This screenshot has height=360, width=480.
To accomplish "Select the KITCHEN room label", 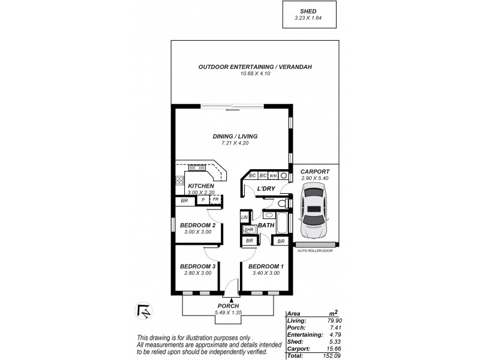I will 201,187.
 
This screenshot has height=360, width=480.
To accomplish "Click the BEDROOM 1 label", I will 266,266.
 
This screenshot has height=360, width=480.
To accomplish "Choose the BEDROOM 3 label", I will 197,266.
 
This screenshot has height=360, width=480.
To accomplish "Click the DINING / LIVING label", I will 230,137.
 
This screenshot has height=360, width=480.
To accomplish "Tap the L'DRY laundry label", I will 265,189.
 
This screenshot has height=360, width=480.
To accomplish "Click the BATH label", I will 266,226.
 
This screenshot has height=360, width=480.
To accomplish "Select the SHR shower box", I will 248,229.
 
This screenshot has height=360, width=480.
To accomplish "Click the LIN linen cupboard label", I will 245,217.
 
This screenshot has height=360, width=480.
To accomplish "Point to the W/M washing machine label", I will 272,176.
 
